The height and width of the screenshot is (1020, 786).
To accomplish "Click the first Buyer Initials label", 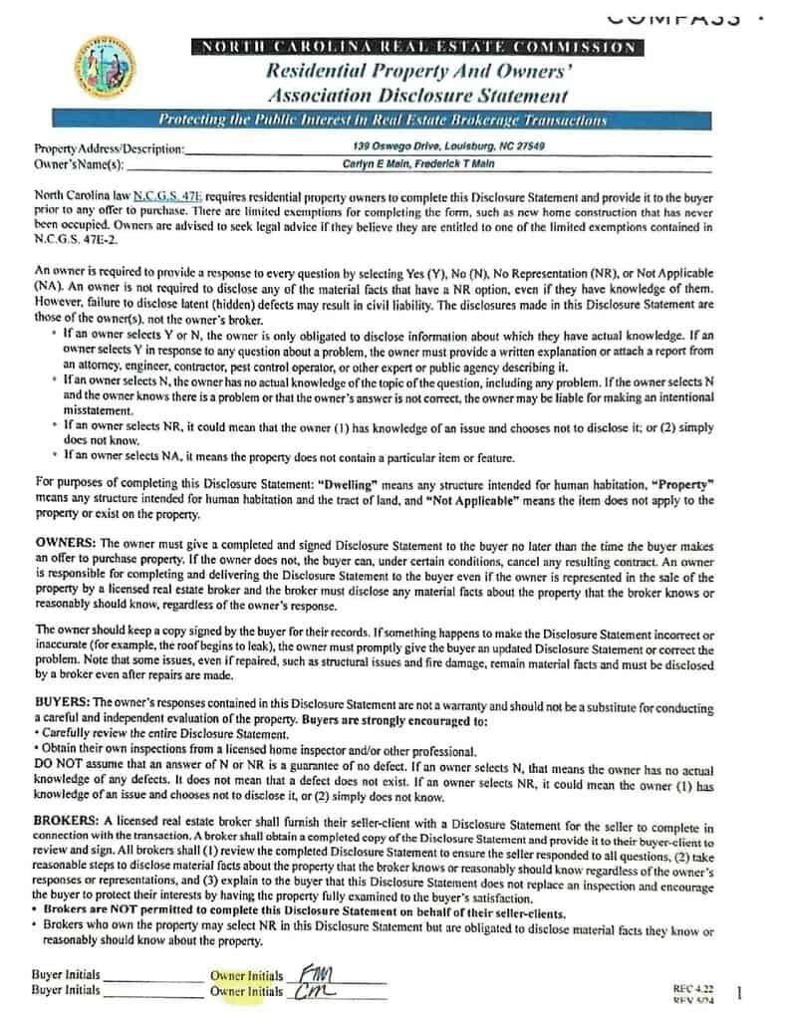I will point(66,975).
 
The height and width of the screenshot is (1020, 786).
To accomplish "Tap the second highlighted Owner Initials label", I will point(246,991).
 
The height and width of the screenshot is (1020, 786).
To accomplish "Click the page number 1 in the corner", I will point(738,991).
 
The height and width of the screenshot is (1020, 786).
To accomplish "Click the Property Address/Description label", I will point(110,149).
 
